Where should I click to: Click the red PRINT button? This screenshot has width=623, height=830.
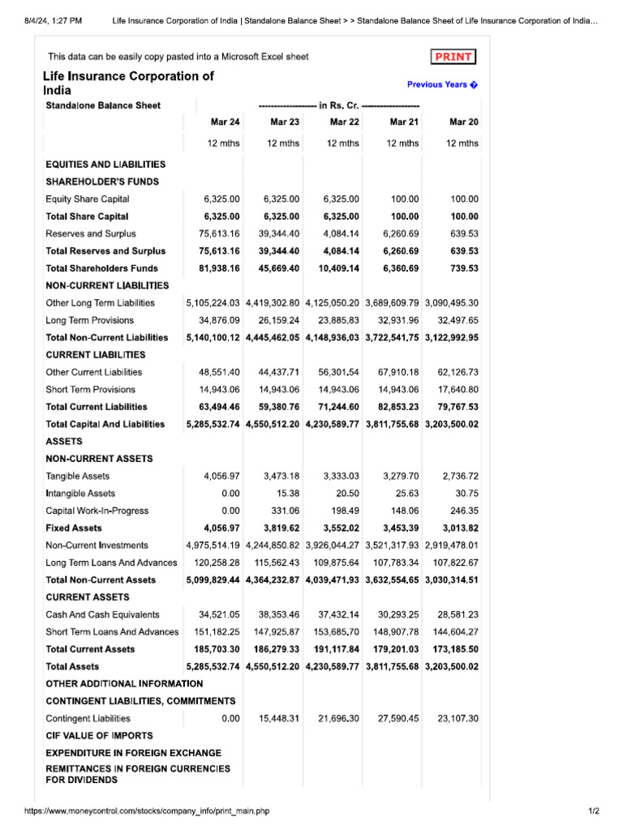453,57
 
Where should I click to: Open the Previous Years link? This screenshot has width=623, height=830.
442,84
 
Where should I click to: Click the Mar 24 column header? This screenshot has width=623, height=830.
225,122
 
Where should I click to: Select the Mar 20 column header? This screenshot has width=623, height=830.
463,122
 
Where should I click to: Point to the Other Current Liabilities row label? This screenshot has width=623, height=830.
93,372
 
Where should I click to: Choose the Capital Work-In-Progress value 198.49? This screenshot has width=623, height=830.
344,511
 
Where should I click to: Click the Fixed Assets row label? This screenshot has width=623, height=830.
73,528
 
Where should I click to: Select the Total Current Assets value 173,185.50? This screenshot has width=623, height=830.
451,649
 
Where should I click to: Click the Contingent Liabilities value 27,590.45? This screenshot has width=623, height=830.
398,718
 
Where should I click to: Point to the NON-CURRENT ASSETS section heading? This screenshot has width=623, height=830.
99,459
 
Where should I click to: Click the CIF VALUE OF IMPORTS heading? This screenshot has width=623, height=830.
99,736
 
